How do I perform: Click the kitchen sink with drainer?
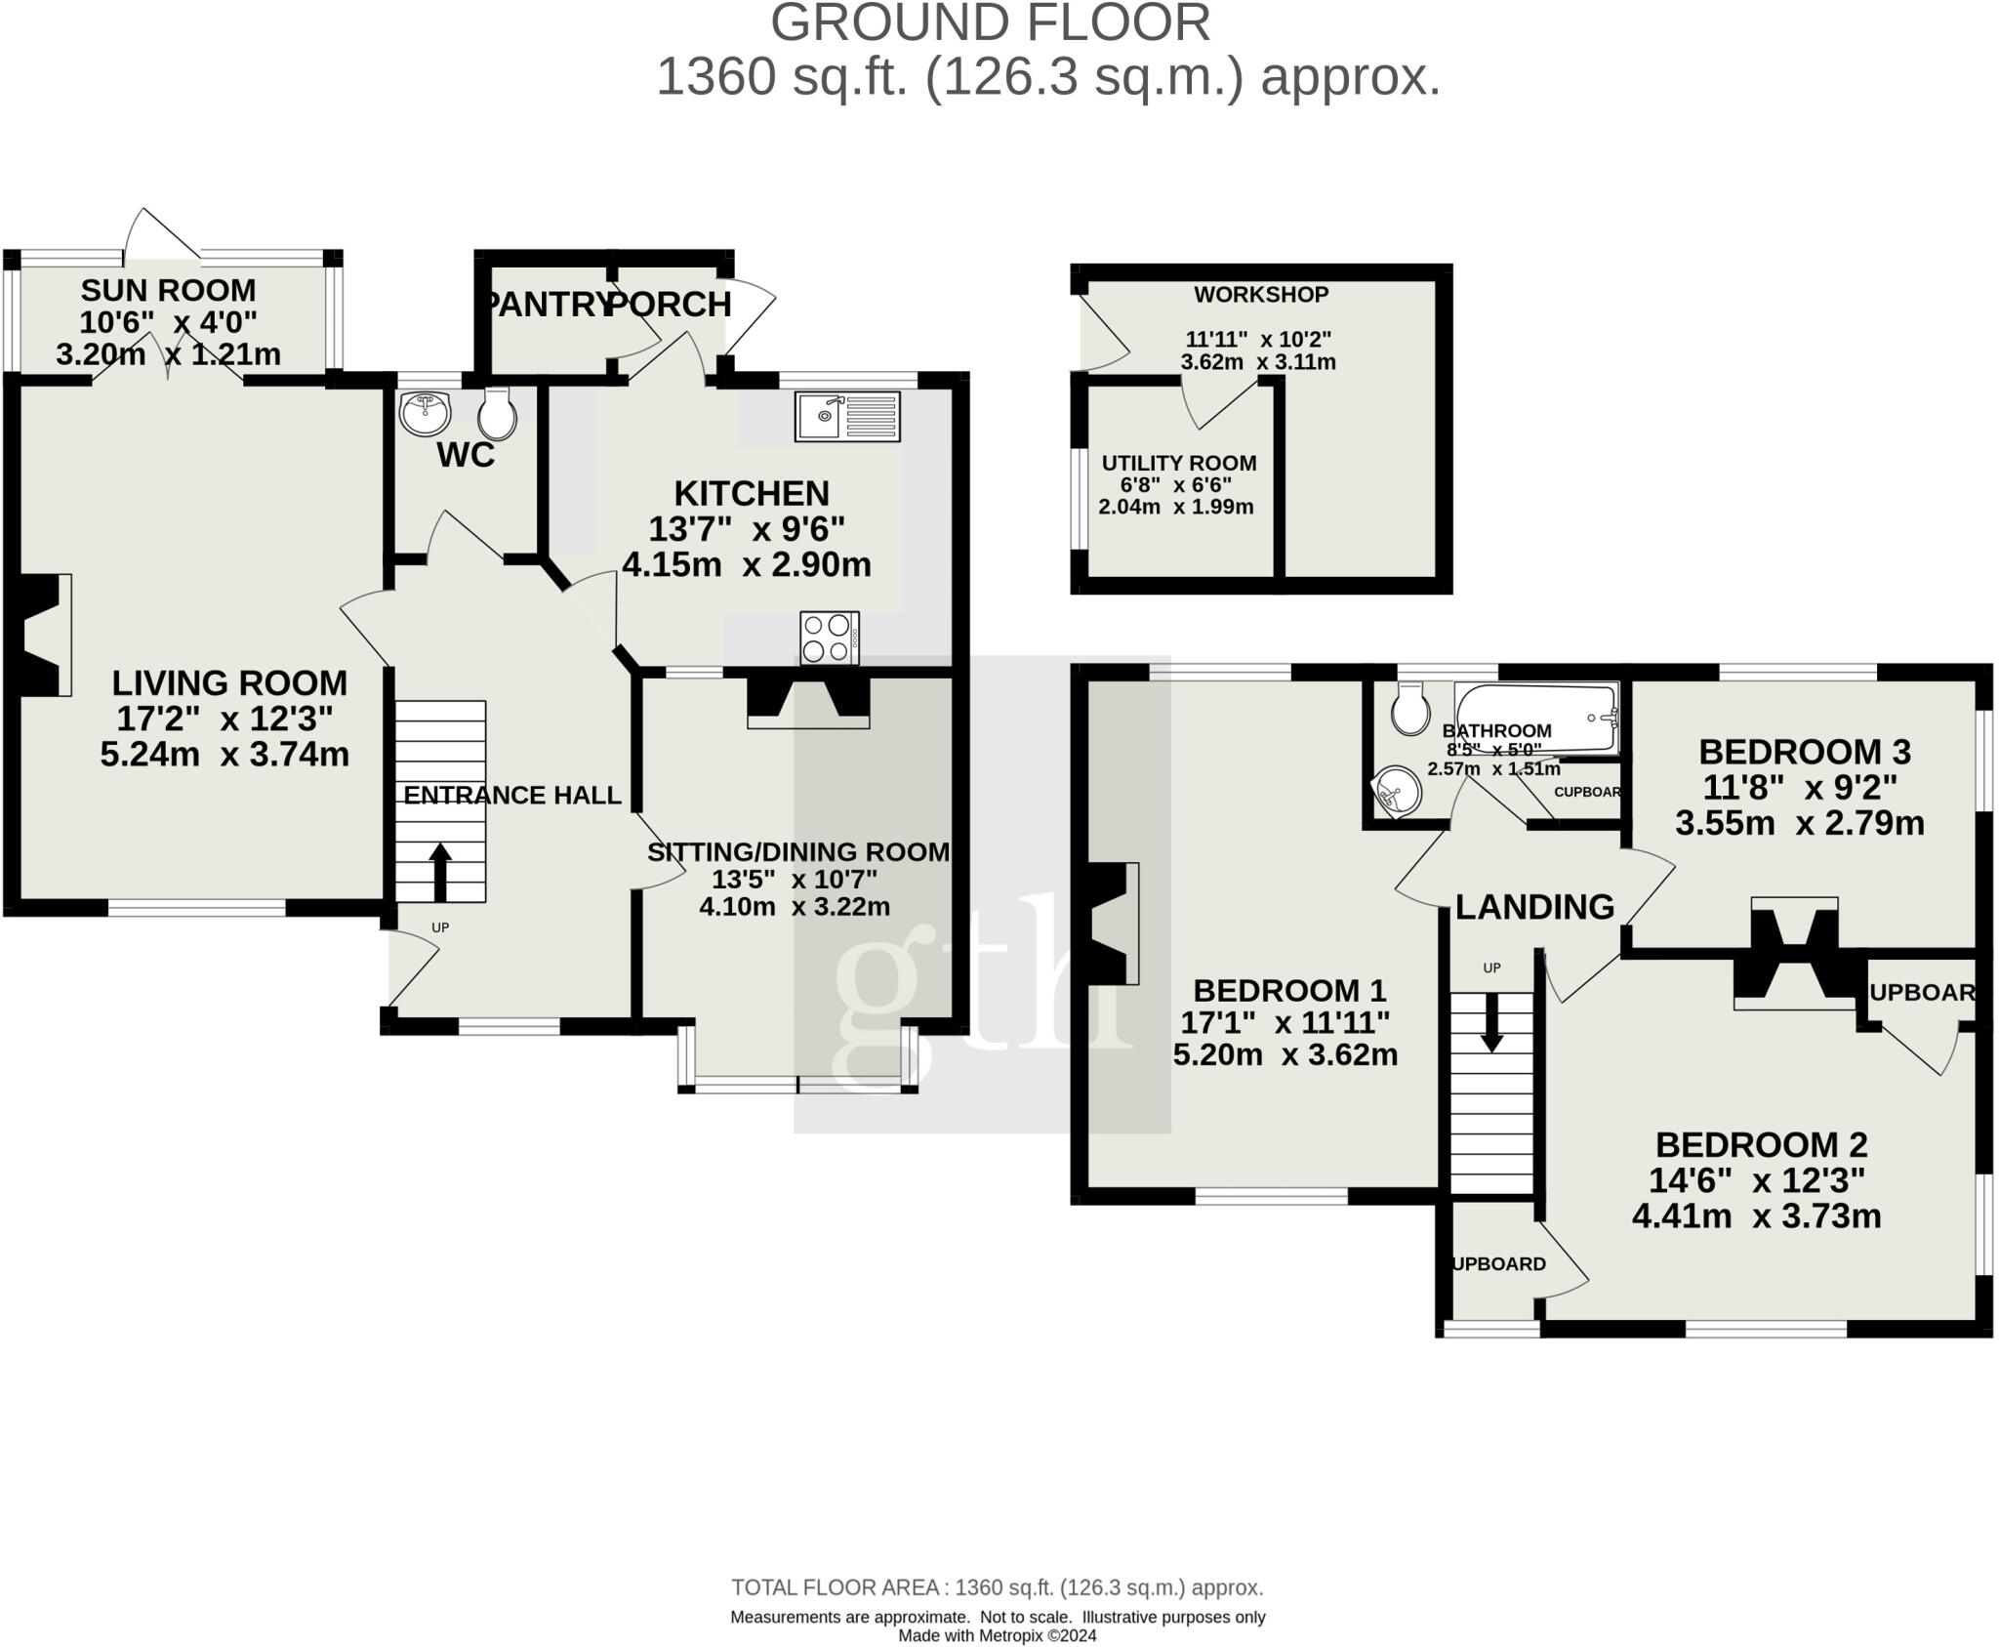[x=847, y=416]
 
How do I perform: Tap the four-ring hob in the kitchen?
[x=829, y=638]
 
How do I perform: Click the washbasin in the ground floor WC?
[x=425, y=412]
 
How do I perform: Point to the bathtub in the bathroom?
[x=1536, y=717]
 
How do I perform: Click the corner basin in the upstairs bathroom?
[x=1396, y=789]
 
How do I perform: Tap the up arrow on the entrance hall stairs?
[x=439, y=872]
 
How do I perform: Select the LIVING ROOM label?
[x=229, y=682]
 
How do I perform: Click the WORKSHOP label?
[x=1261, y=294]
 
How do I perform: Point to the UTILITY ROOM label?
[x=1179, y=463]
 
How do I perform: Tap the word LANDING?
[x=1534, y=907]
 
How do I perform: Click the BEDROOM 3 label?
[x=1804, y=752]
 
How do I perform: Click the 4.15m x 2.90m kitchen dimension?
[x=747, y=564]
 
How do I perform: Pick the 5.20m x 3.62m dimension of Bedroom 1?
[x=1285, y=1054]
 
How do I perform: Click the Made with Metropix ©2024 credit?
[x=997, y=1635]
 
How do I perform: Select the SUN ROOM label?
[x=168, y=290]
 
